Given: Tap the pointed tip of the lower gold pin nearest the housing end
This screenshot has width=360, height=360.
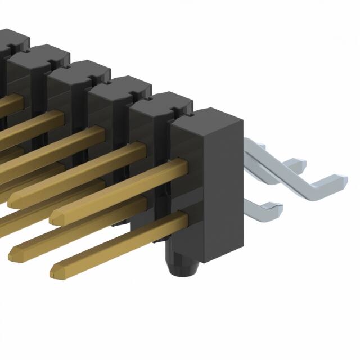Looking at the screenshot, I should [x=54, y=274].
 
